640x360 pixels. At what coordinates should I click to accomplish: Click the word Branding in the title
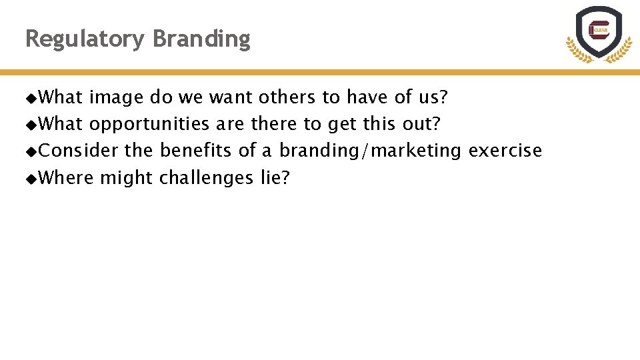coord(201,39)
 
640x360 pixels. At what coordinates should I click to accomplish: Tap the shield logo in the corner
coord(599,33)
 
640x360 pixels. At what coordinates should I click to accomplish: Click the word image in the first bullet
coord(116,98)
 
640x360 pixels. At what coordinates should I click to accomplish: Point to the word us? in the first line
coord(433,97)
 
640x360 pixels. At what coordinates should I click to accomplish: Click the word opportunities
coord(149,125)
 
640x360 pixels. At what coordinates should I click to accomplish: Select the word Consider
coord(79,151)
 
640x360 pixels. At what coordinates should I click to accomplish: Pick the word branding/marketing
coord(370,151)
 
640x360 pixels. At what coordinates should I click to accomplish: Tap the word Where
coord(67,177)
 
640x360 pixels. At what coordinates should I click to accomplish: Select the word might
coord(127,178)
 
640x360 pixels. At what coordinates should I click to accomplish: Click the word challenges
coord(206,178)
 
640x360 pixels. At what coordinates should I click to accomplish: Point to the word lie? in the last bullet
coord(275,177)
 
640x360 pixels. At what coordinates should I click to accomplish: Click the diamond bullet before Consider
coord(31,151)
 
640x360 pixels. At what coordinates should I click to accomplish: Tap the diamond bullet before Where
coord(31,178)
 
